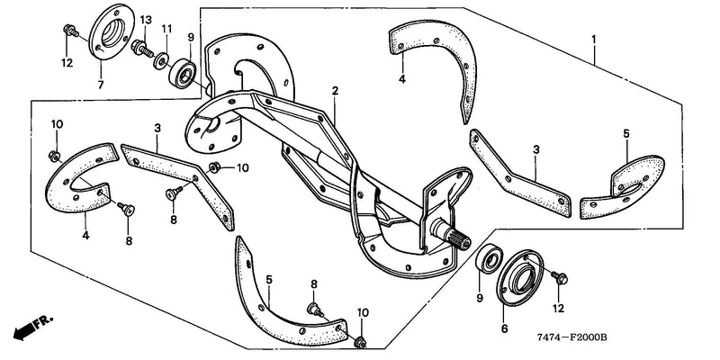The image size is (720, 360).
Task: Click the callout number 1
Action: point(594,39)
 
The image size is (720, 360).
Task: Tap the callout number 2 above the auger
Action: point(335,91)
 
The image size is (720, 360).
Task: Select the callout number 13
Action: point(146,20)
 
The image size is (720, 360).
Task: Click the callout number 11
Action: point(166,29)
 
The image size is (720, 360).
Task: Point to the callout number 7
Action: point(101,85)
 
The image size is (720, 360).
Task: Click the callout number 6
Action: point(504,328)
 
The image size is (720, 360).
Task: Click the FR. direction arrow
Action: point(33,327)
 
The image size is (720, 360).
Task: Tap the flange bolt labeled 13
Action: point(142,49)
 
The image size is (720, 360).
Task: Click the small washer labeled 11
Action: point(161,61)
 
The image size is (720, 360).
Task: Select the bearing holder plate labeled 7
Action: point(112,31)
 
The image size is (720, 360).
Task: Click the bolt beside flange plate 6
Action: point(560,277)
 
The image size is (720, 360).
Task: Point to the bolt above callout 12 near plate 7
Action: point(70,31)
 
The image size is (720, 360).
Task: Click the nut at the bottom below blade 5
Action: point(361,342)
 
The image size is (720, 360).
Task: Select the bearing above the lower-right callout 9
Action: point(488,259)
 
